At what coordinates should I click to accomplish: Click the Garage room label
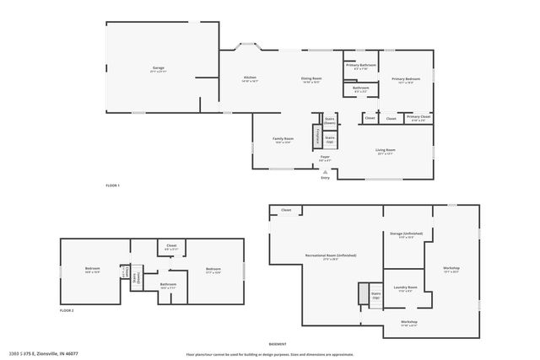[158, 67]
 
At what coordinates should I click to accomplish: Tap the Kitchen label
[250, 78]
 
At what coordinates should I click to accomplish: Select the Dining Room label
[310, 78]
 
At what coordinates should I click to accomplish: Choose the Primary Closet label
[418, 118]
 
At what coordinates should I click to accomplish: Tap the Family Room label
[283, 139]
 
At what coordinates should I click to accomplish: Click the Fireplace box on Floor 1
[317, 136]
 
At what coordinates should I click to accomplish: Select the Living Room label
[386, 151]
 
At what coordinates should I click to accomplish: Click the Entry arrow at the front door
[326, 172]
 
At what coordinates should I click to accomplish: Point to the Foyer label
[324, 157]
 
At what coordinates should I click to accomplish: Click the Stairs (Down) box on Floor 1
[330, 121]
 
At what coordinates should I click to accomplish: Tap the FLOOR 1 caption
[113, 185]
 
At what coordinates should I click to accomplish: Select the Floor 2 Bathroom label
[168, 285]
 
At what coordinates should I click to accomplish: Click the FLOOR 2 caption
[67, 311]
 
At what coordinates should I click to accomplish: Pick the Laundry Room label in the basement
[396, 289]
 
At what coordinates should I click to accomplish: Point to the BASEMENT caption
[277, 344]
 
